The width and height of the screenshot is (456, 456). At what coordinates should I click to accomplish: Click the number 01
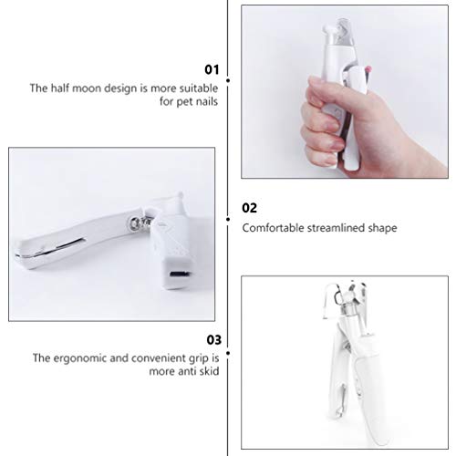click(x=212, y=68)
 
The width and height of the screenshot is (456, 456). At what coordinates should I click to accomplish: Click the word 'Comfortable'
click(x=271, y=228)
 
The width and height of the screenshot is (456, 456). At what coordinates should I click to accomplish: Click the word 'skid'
click(x=206, y=373)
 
